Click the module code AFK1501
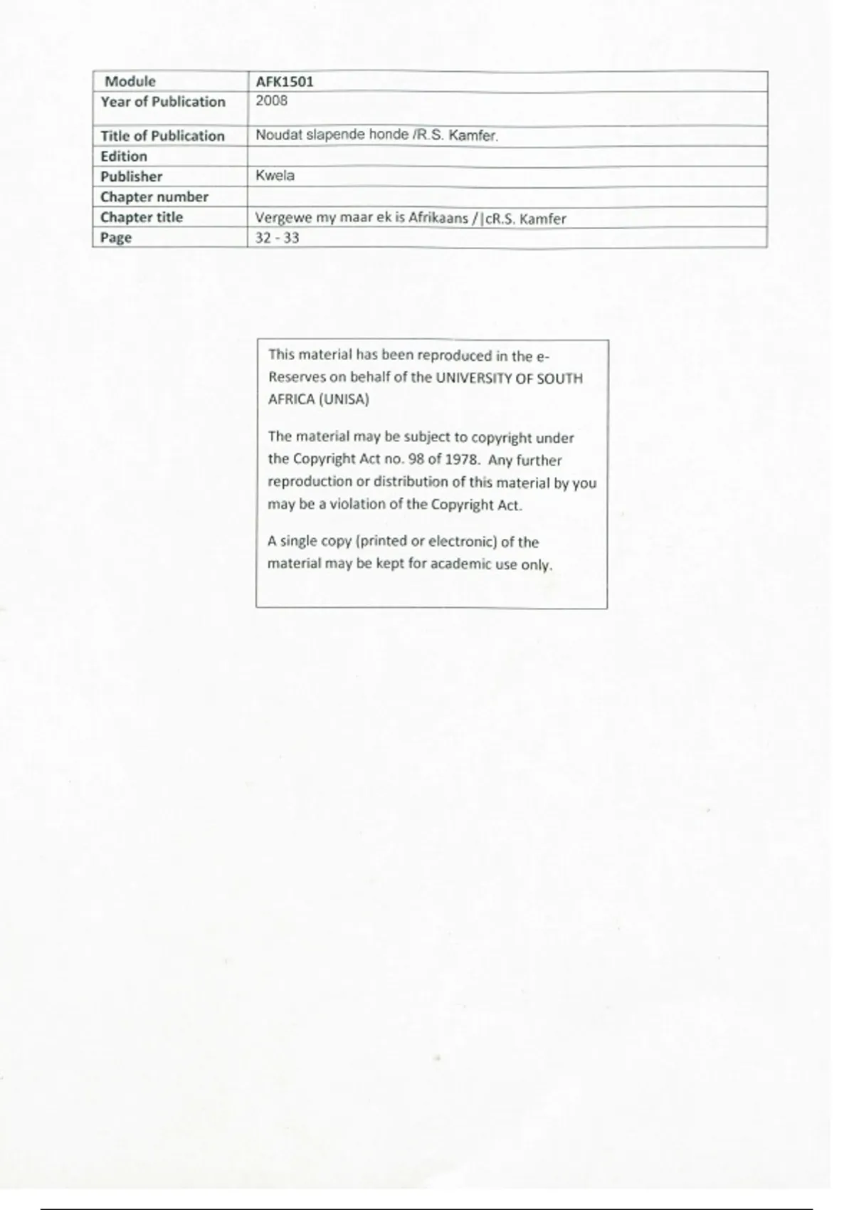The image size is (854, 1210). point(285,82)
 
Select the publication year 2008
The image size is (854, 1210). point(272,101)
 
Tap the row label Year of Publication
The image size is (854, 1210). point(163,102)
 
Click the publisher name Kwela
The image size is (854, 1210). point(275,176)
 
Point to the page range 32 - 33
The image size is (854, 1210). point(277,238)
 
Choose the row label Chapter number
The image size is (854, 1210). point(154,197)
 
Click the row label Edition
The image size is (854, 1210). point(124,157)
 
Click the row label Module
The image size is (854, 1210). point(130,82)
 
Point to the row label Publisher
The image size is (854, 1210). point(132,177)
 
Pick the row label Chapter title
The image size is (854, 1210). point(142,218)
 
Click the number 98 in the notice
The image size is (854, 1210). point(416,460)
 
